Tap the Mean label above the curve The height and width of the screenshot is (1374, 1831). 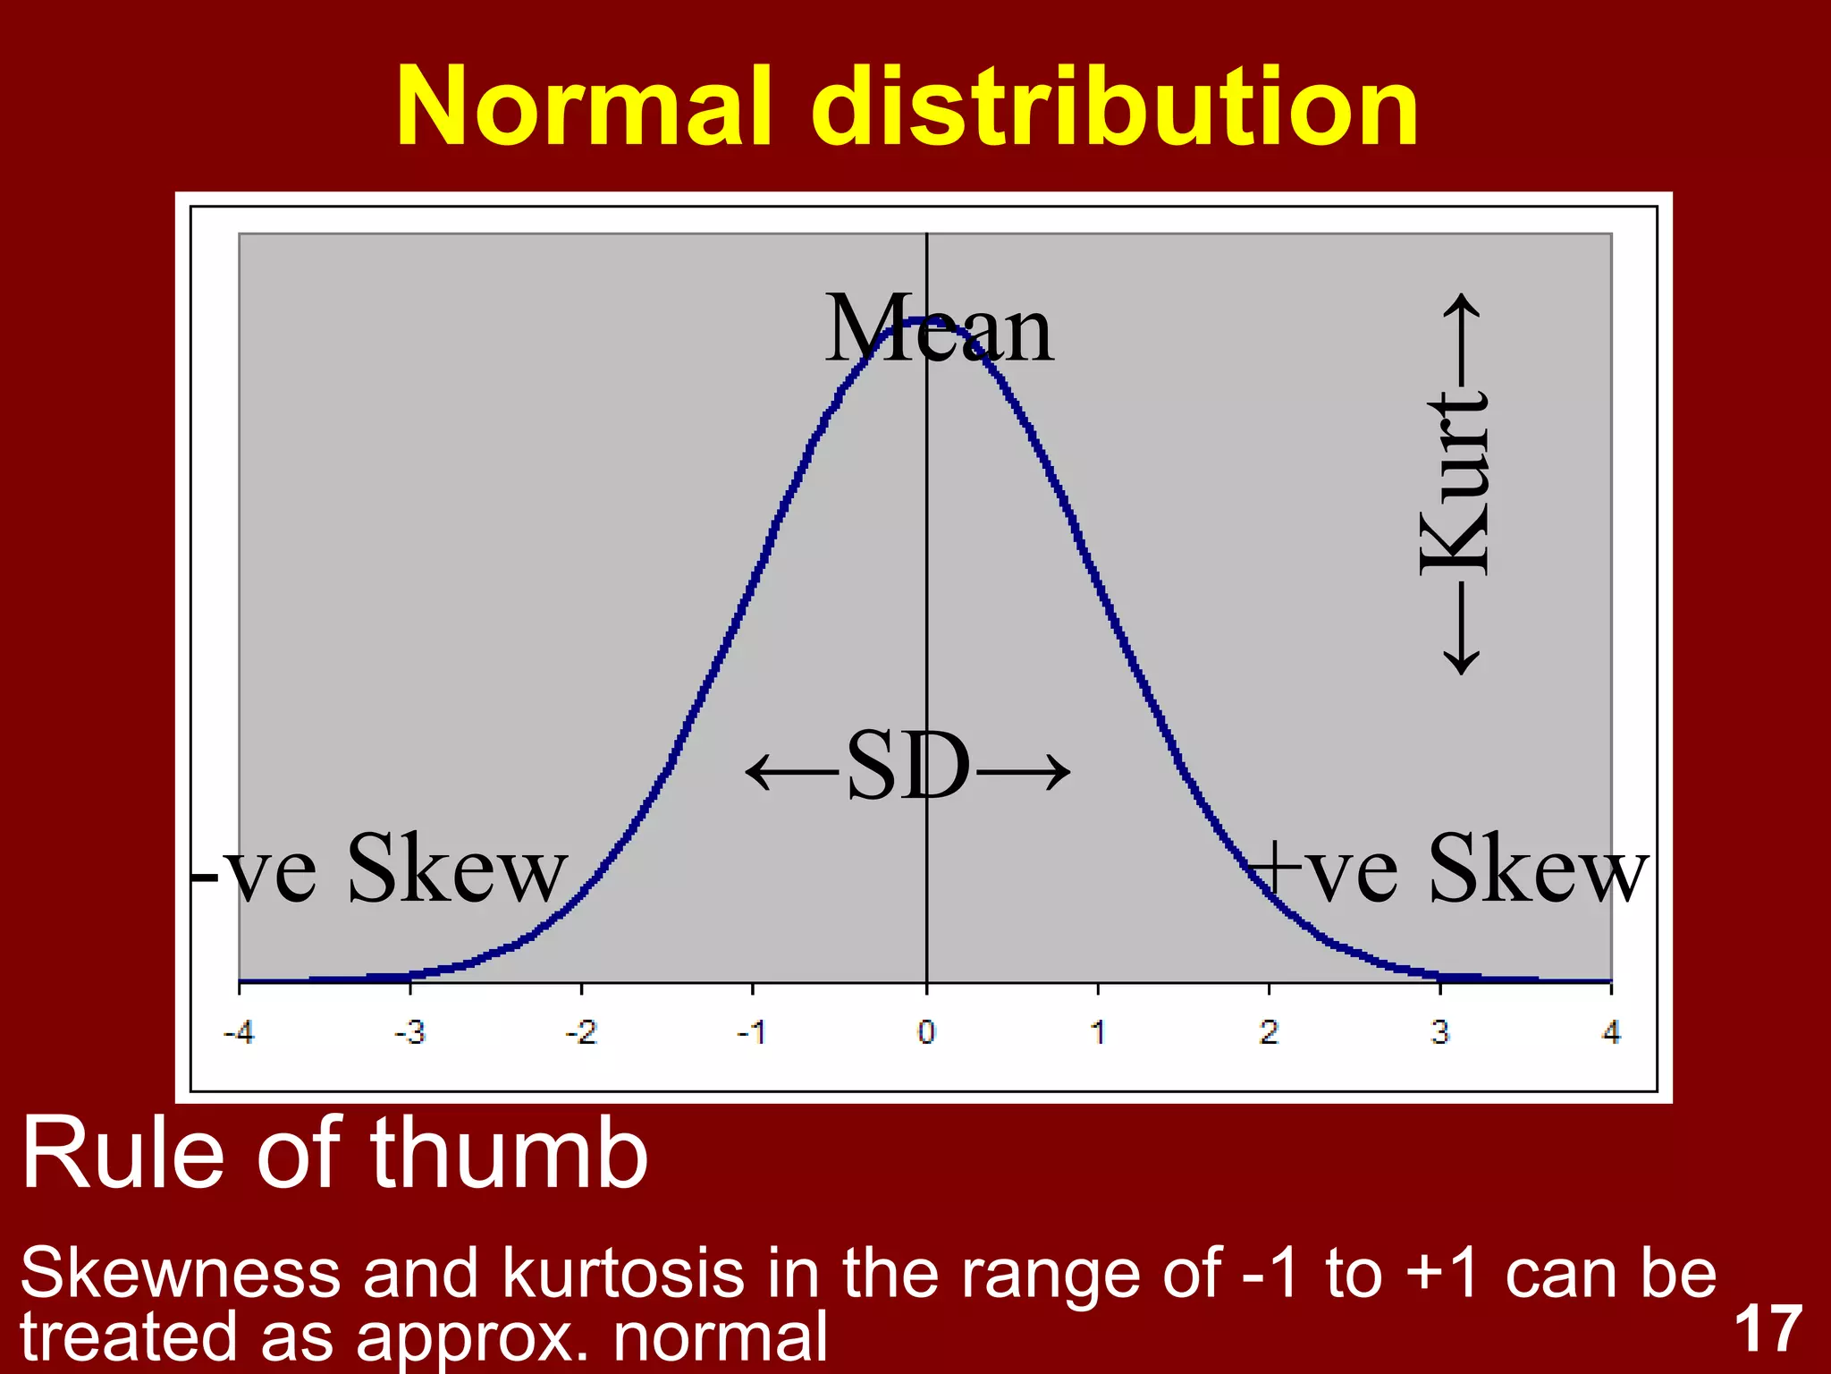coord(939,331)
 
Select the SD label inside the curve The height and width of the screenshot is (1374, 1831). coord(907,767)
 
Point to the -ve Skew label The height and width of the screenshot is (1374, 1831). coord(380,869)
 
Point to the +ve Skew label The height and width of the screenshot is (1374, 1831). coord(1448,869)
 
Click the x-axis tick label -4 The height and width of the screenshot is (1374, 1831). coord(239,1033)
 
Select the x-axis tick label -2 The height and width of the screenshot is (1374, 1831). coord(581,1033)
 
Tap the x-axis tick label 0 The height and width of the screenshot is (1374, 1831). coord(926,1033)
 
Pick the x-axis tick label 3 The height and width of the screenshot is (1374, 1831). coord(1439,1033)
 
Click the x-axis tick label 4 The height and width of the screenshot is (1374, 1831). coord(1611,1033)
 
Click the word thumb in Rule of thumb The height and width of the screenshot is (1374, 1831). coord(510,1156)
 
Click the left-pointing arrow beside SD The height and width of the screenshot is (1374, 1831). coord(791,770)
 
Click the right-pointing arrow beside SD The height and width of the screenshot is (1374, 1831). coord(1024,770)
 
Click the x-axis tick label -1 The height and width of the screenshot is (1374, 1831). coord(752,1033)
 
